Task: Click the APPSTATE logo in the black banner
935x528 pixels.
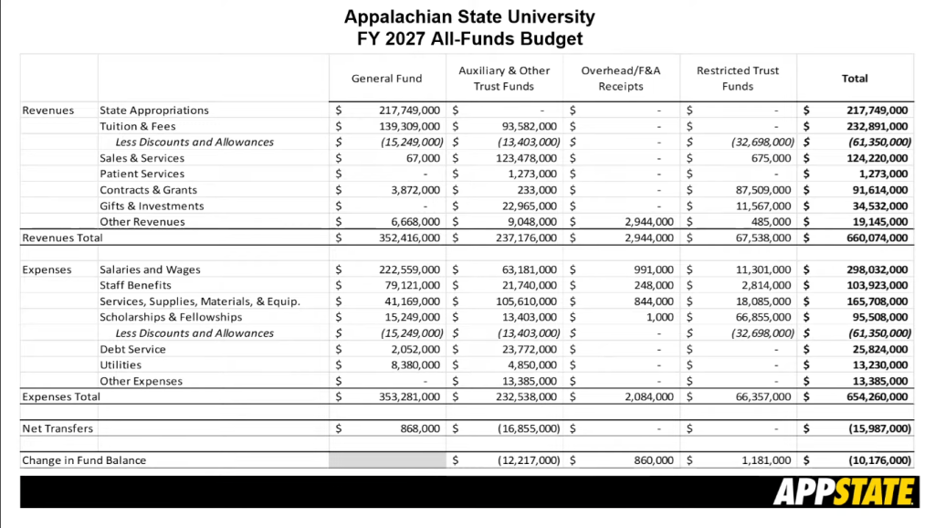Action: pos(843,492)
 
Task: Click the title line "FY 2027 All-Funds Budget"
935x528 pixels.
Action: pos(469,39)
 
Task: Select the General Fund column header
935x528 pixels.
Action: pos(386,79)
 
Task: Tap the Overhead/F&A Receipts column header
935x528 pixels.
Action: pos(621,79)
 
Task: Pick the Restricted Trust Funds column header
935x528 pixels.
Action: pos(738,79)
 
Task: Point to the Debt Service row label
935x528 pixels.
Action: pos(133,350)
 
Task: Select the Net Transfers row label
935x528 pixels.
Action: pos(58,428)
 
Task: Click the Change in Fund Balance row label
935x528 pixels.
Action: pos(84,460)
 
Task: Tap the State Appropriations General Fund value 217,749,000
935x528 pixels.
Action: pos(409,111)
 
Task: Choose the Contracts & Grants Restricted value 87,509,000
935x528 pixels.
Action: pos(761,190)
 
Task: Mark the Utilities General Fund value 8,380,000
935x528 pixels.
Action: pos(415,365)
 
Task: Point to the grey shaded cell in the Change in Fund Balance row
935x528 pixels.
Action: pos(387,460)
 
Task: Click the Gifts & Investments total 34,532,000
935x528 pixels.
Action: pos(877,206)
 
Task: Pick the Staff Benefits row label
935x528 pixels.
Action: pos(137,286)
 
